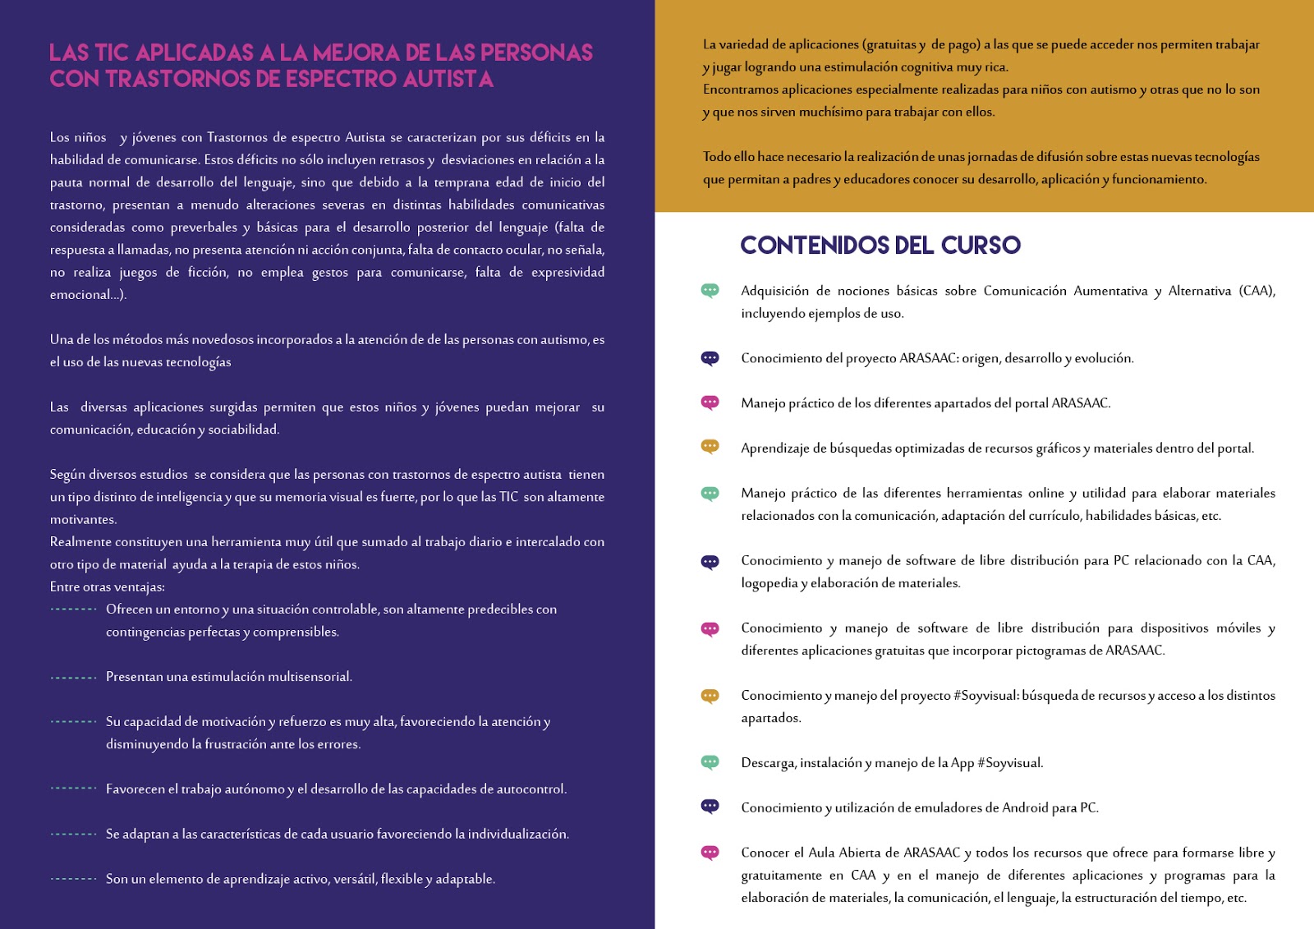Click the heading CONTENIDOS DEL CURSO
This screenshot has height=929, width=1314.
click(x=880, y=245)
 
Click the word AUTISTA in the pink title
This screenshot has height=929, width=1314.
click(x=448, y=79)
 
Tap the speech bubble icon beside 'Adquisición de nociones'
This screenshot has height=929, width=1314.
click(x=710, y=290)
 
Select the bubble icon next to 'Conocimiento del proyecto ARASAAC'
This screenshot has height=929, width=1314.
click(x=710, y=358)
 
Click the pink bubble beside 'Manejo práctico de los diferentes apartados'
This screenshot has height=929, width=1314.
click(x=710, y=402)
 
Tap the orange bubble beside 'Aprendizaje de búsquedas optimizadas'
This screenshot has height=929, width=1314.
click(x=710, y=447)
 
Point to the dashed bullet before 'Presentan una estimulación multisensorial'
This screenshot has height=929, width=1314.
click(x=73, y=678)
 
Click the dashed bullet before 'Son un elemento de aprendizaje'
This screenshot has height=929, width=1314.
click(x=73, y=879)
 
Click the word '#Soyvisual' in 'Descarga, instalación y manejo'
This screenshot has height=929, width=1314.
click(x=1009, y=763)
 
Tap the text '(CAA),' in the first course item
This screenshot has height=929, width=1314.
click(x=1257, y=291)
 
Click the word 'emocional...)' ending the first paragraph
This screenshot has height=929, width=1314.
click(x=88, y=295)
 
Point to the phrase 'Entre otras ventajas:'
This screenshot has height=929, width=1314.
click(x=107, y=586)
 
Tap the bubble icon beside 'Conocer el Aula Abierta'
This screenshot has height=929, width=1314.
click(x=710, y=853)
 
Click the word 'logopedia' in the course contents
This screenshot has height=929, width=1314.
click(x=769, y=583)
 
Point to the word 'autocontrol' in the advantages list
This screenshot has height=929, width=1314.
click(x=531, y=789)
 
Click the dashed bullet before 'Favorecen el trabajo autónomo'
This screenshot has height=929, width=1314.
click(x=73, y=789)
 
